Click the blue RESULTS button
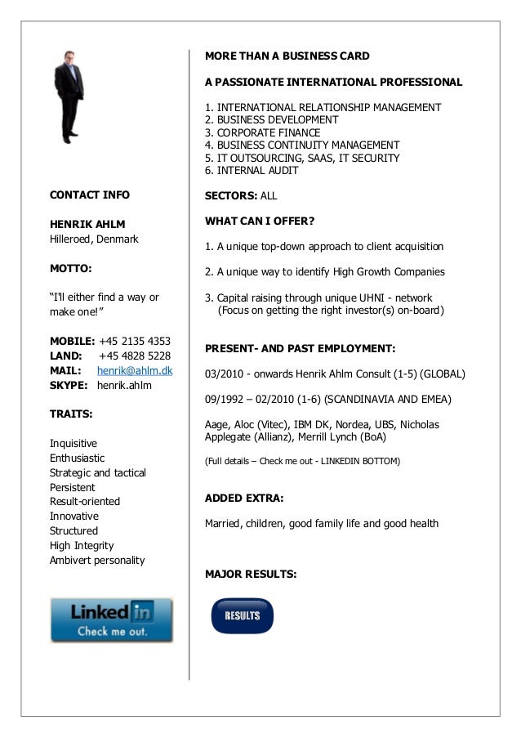coord(242,615)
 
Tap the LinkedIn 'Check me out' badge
coord(112,619)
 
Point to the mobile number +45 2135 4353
coord(135,341)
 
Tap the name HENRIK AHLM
coord(87,224)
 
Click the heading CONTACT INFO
coord(90,195)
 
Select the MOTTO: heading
coord(71,267)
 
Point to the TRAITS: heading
coord(71,414)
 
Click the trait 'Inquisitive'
coord(73,443)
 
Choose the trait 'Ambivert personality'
coord(97,560)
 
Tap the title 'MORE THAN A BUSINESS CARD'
coord(287,56)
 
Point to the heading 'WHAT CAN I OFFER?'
coord(260,221)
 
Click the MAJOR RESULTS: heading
coord(251,574)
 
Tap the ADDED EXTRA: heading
coord(244,498)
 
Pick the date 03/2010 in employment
coord(224,374)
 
